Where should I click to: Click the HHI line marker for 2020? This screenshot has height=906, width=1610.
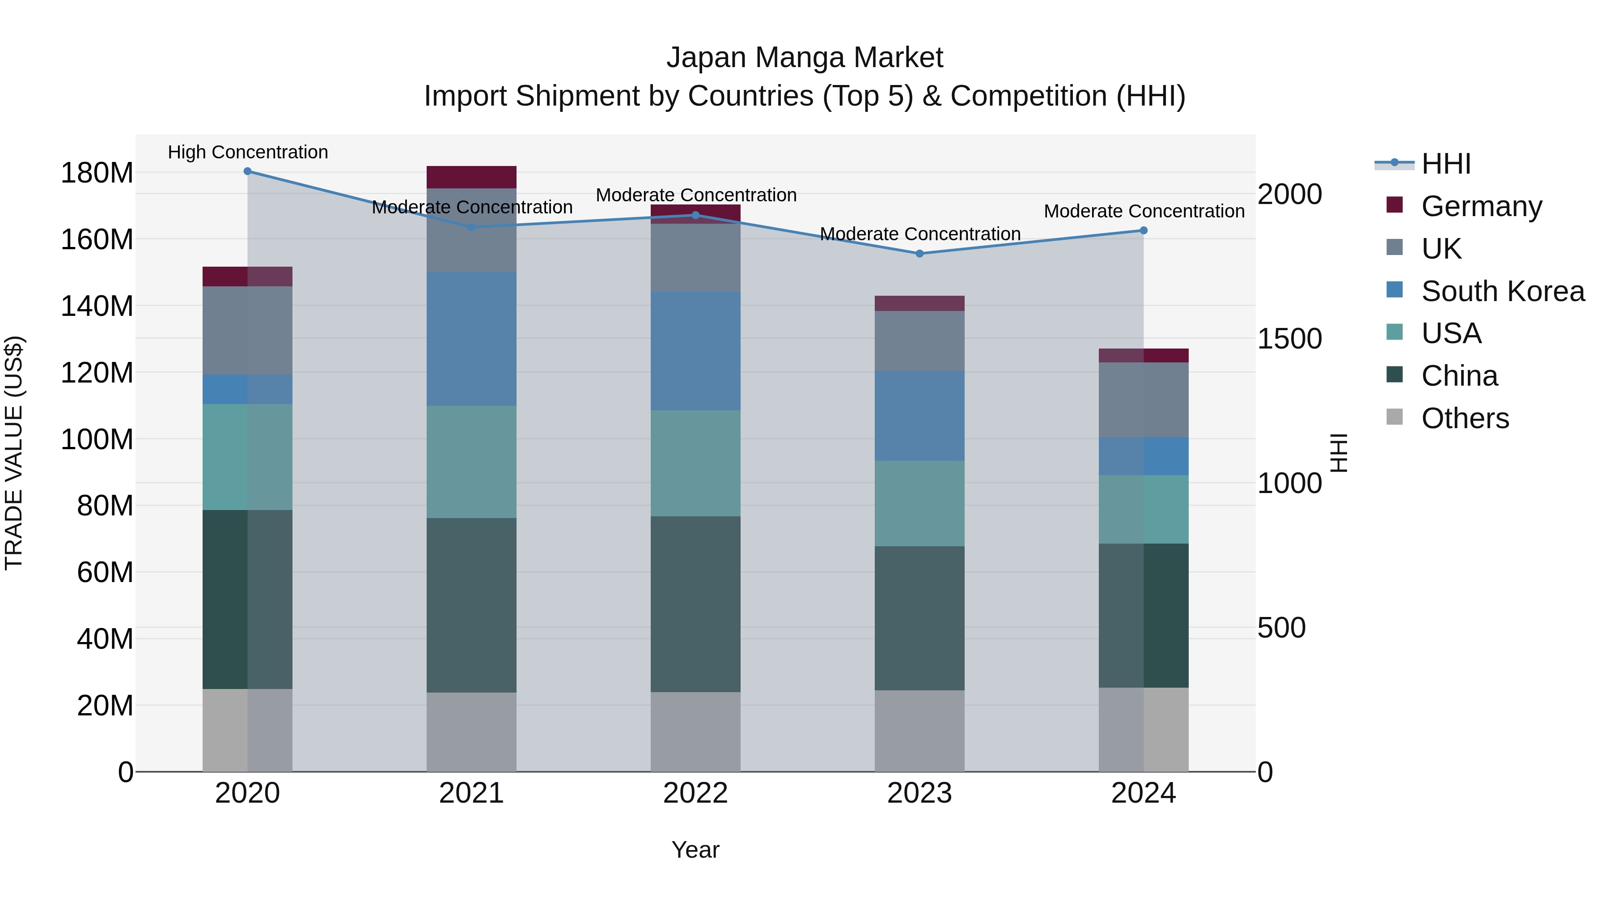click(x=247, y=171)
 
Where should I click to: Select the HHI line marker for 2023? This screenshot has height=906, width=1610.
click(x=919, y=254)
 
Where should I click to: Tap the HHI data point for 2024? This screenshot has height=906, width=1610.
click(x=1144, y=231)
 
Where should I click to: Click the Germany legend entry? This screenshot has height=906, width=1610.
click(x=1481, y=206)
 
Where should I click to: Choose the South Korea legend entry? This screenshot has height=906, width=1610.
click(x=1503, y=291)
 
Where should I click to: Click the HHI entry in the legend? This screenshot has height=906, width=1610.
click(x=1445, y=164)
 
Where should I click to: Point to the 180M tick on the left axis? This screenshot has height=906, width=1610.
click(x=97, y=173)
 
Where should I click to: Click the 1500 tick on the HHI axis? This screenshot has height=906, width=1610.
click(x=1289, y=339)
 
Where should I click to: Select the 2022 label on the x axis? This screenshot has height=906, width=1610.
click(x=695, y=793)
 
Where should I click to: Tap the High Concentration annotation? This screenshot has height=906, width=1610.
click(x=248, y=153)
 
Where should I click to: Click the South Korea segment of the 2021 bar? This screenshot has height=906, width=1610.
click(x=471, y=339)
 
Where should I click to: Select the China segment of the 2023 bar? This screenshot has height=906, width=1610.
click(x=919, y=618)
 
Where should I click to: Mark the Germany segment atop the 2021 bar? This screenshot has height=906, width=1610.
click(x=471, y=177)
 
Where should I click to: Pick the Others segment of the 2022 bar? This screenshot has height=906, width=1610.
click(x=695, y=732)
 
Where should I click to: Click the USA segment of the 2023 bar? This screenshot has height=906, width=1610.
click(x=919, y=504)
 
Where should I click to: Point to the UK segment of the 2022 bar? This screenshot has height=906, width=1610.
click(x=695, y=258)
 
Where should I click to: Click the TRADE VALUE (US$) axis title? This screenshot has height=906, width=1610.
click(x=14, y=453)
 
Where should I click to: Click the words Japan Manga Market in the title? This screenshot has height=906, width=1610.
click(x=805, y=58)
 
